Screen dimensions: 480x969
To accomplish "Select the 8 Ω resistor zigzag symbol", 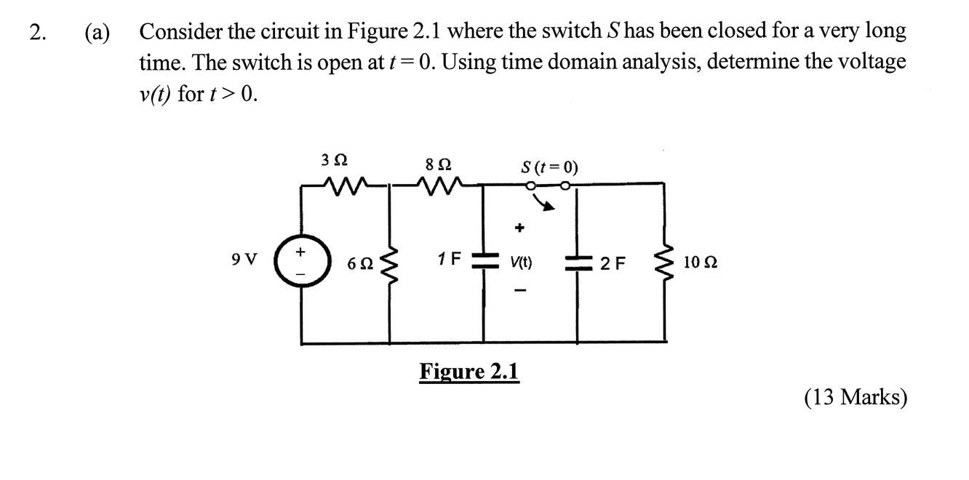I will [435, 188].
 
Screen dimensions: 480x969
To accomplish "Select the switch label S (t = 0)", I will [550, 167].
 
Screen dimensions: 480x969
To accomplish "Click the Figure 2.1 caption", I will [469, 372].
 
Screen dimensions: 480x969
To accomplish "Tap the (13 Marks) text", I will [856, 397].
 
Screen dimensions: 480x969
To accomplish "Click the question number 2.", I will [38, 33].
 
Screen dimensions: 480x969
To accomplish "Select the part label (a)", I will [96, 33].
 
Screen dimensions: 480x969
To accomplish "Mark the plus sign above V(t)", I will [519, 228].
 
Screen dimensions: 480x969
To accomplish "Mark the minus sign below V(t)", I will [519, 293].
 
